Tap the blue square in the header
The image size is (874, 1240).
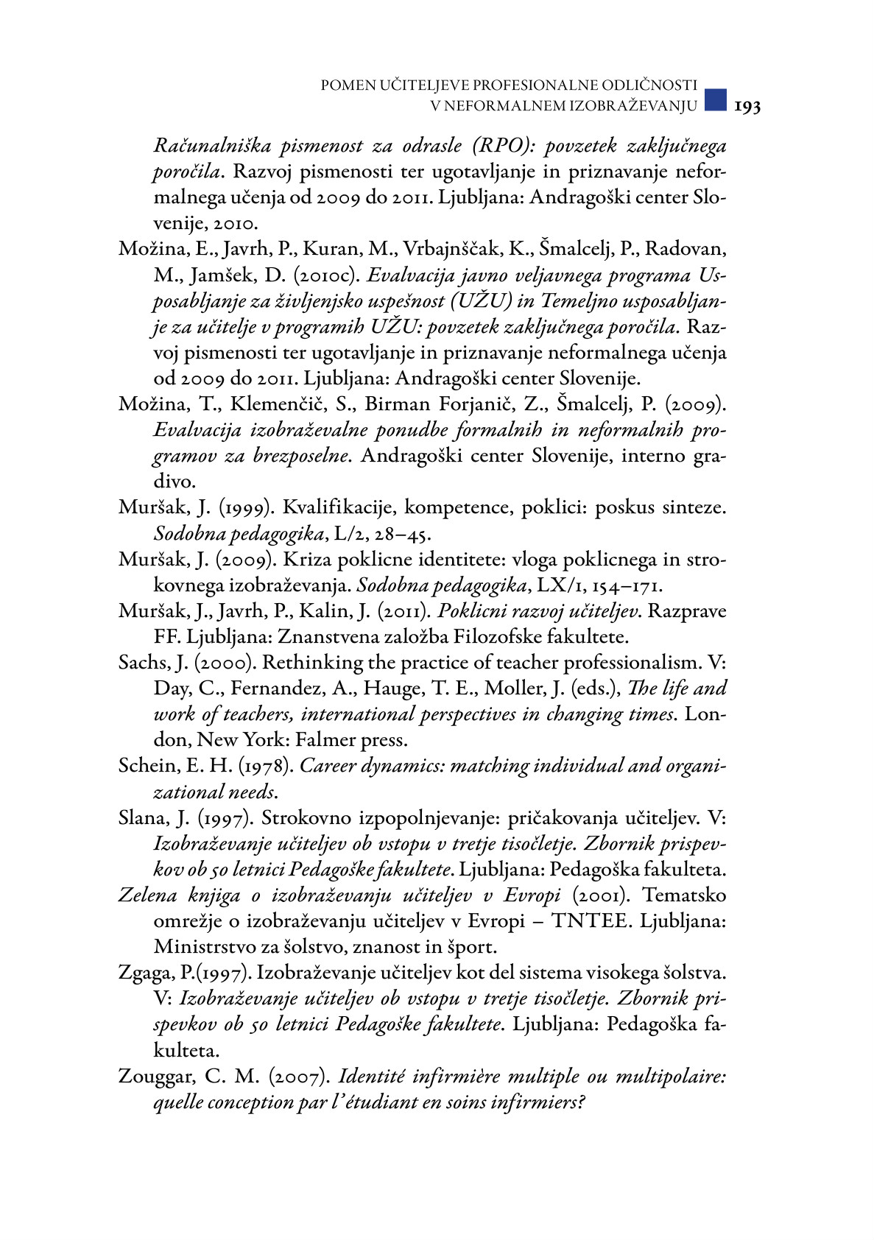[714, 99]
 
